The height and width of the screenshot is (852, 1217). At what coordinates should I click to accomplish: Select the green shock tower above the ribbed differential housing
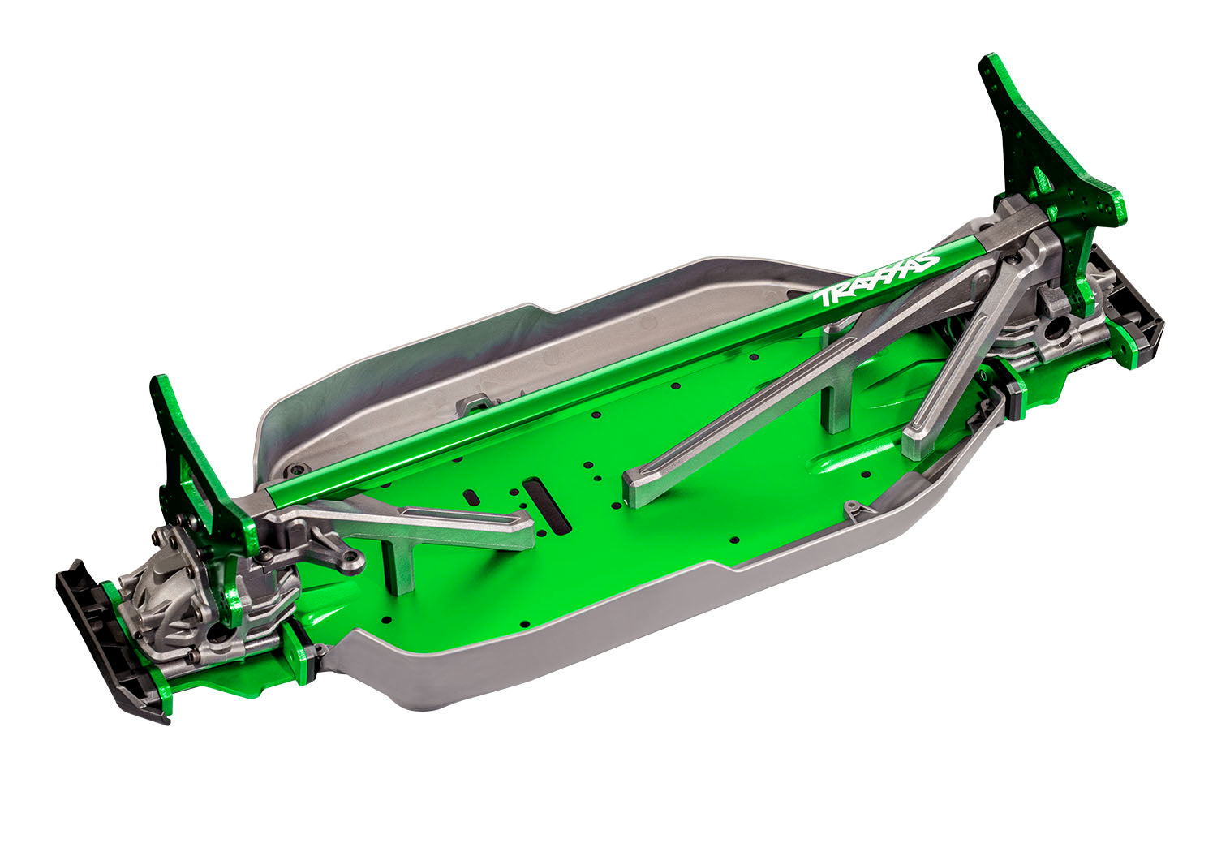coord(195,471)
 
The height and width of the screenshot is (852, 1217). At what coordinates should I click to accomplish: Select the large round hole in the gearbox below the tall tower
coord(1060,330)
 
